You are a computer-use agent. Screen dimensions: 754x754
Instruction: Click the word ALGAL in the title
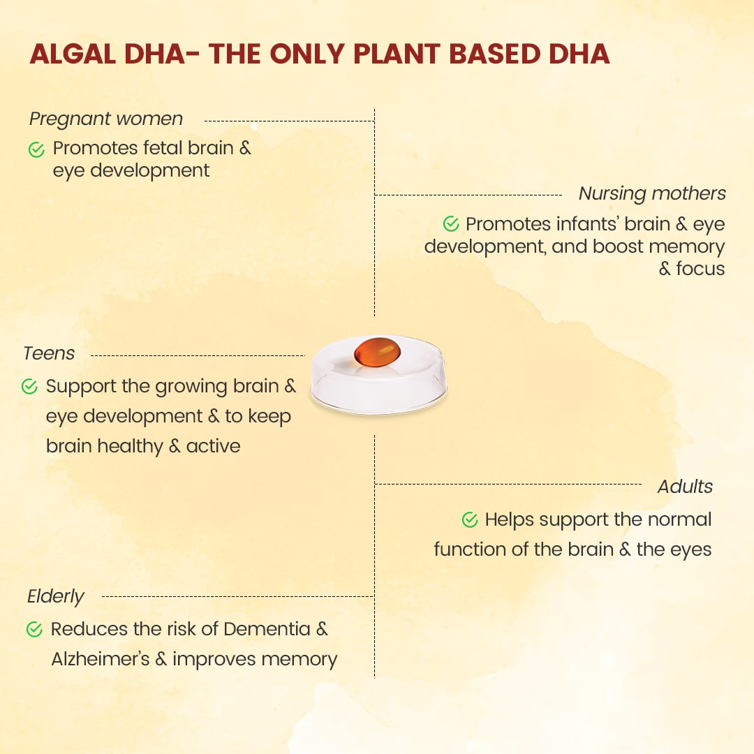pyautogui.click(x=73, y=54)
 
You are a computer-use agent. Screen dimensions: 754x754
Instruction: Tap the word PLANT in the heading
pyautogui.click(x=397, y=54)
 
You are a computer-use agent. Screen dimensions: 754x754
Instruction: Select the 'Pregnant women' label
pyautogui.click(x=106, y=119)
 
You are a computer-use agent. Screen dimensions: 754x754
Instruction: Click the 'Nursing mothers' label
pyautogui.click(x=652, y=193)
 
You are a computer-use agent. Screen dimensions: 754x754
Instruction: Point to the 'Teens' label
pyautogui.click(x=49, y=353)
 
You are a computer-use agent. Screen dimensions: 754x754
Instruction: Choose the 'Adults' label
pyautogui.click(x=685, y=487)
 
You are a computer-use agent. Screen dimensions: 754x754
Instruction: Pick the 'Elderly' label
pyautogui.click(x=56, y=596)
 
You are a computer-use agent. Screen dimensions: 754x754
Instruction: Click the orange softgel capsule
pyautogui.click(x=378, y=351)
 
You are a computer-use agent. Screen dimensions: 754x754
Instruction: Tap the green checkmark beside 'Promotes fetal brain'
pyautogui.click(x=36, y=149)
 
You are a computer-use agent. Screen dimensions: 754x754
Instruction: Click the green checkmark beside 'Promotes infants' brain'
pyautogui.click(x=451, y=223)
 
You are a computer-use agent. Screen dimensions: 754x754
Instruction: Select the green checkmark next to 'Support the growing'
pyautogui.click(x=29, y=386)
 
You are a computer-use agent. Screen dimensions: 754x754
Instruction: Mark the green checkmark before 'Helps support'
pyautogui.click(x=470, y=519)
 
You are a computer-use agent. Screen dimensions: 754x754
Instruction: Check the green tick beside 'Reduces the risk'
pyautogui.click(x=34, y=629)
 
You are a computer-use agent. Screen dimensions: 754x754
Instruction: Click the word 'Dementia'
pyautogui.click(x=267, y=629)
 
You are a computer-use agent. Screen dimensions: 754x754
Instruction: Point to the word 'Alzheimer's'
pyautogui.click(x=101, y=659)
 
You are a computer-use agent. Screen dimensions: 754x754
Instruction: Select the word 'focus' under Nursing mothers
pyautogui.click(x=700, y=268)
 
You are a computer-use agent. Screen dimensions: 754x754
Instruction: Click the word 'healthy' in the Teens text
pyautogui.click(x=130, y=446)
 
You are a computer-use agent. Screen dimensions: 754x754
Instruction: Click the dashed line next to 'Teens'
pyautogui.click(x=198, y=356)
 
